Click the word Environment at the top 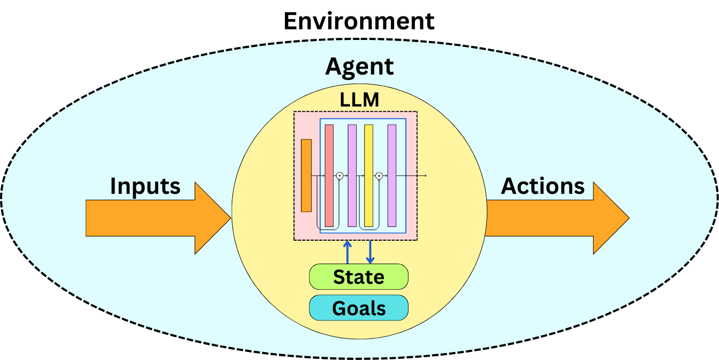(x=359, y=21)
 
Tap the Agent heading (x=359, y=67)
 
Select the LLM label (x=359, y=100)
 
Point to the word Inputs (x=145, y=186)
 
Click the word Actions (x=543, y=186)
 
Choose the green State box (x=358, y=277)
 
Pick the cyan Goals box (x=358, y=308)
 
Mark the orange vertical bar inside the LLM (x=306, y=175)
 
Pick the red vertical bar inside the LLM (x=329, y=175)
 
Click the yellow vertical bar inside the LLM (x=369, y=175)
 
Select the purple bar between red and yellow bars (x=352, y=175)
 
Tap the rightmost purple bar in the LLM (x=392, y=175)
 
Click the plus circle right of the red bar (x=340, y=175)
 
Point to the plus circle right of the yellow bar (x=379, y=175)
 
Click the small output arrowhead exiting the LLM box (x=426, y=175)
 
